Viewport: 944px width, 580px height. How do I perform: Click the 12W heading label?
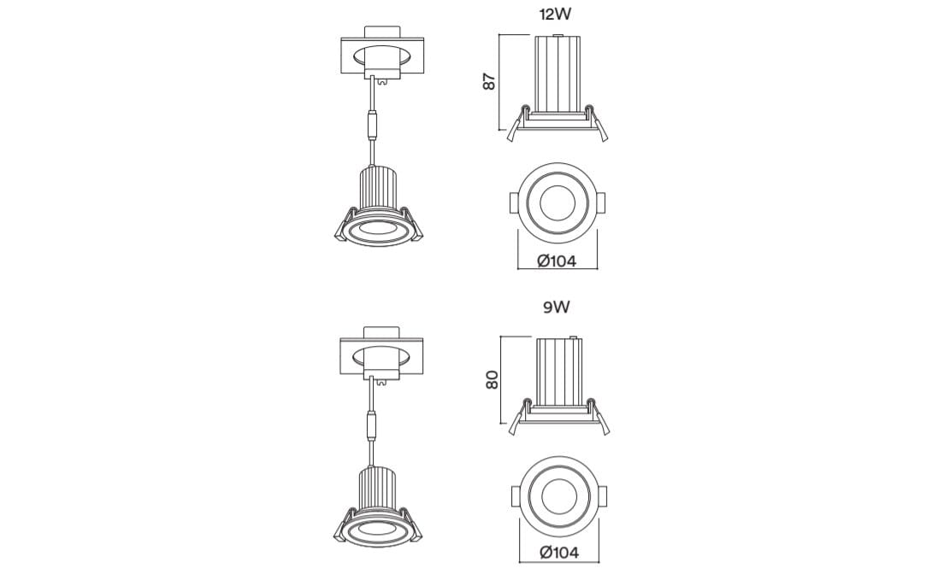(x=555, y=14)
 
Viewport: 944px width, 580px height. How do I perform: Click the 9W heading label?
(x=556, y=308)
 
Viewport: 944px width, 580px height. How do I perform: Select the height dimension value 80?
(x=492, y=379)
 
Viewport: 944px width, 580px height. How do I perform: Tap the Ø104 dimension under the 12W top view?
(x=558, y=261)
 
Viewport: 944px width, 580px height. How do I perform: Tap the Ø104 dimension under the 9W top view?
(x=559, y=553)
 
